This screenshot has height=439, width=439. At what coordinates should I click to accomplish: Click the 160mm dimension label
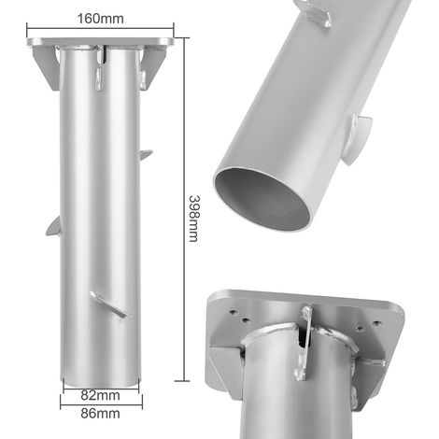click(100, 19)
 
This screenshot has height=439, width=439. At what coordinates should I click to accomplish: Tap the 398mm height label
click(193, 219)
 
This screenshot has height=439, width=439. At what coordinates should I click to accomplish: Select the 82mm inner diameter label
click(100, 395)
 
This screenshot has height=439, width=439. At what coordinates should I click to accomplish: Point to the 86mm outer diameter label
click(100, 414)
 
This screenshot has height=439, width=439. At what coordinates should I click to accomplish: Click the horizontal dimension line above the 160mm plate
click(100, 29)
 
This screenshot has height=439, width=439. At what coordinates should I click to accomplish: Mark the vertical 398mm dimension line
click(185, 209)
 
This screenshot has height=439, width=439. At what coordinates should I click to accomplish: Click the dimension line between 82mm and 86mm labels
click(101, 405)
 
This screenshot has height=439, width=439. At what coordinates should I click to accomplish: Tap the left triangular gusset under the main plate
click(46, 68)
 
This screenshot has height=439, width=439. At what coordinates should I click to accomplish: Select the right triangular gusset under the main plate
click(154, 67)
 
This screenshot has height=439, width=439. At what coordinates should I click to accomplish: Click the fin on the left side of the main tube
click(53, 226)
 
